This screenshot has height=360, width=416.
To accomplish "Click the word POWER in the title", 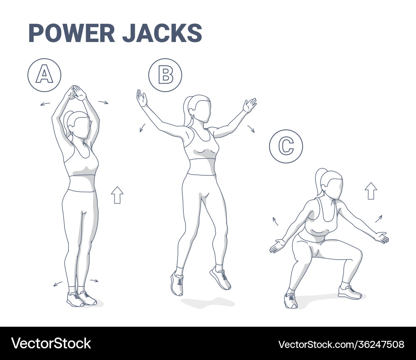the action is click(71, 33).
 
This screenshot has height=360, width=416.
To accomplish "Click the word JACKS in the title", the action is click(162, 33).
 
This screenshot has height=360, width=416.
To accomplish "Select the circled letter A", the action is click(45, 75).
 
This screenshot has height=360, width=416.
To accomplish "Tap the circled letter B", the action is click(165, 75).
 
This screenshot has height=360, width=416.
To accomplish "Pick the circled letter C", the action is click(286, 146).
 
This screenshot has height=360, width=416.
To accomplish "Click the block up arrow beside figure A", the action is click(117, 195).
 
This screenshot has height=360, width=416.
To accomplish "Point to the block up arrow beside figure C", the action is click(371, 191).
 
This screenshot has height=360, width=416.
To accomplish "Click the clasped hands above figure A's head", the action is click(76, 93).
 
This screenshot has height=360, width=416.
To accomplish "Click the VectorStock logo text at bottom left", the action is click(51, 343).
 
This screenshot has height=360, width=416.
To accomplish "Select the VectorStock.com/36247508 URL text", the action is click(341, 344).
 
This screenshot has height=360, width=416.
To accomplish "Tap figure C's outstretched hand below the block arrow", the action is click(381, 237).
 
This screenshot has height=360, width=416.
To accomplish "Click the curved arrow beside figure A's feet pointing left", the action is click(58, 284).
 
